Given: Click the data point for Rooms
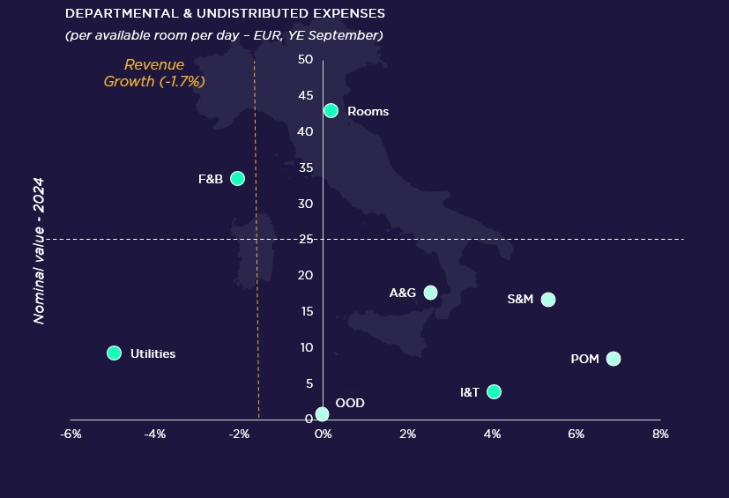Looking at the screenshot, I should (x=331, y=111).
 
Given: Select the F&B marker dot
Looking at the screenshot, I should (x=237, y=178).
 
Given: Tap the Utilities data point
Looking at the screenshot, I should (x=114, y=353).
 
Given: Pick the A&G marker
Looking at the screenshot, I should (x=430, y=293).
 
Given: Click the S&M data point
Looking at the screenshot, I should (x=548, y=300).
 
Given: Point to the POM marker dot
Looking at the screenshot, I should (x=614, y=359).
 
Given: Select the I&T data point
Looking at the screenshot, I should (x=494, y=391).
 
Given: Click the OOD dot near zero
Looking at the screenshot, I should (x=322, y=414).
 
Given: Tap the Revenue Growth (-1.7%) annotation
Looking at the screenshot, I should (x=154, y=73).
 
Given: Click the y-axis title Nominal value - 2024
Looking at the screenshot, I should (x=39, y=250).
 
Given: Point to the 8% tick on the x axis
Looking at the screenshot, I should (x=660, y=435).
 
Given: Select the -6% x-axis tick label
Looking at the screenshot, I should (x=71, y=435).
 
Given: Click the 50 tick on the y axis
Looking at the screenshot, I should (x=305, y=59).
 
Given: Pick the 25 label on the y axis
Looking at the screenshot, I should (x=305, y=239).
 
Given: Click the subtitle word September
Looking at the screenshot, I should (x=346, y=35).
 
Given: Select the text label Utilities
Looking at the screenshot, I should (x=152, y=353).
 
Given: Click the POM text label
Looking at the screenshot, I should (x=584, y=360).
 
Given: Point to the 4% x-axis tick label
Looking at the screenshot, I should (x=492, y=435).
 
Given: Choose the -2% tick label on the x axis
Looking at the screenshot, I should (x=239, y=435).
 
